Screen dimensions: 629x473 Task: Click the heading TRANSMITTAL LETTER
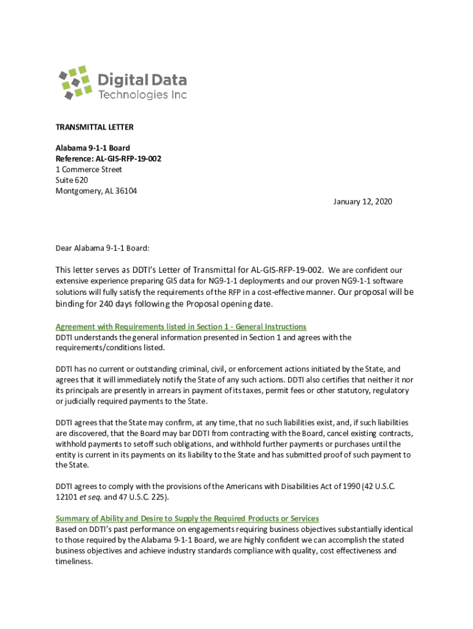point(95,127)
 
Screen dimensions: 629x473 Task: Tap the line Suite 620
point(72,180)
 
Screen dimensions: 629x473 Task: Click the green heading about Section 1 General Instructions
point(181,326)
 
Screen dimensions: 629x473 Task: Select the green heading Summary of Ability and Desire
point(187,518)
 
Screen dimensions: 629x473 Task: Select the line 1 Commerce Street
point(89,170)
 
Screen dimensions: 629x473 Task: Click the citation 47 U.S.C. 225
point(141,497)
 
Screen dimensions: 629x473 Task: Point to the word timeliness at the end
point(73,561)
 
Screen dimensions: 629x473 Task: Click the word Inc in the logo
point(179,95)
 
